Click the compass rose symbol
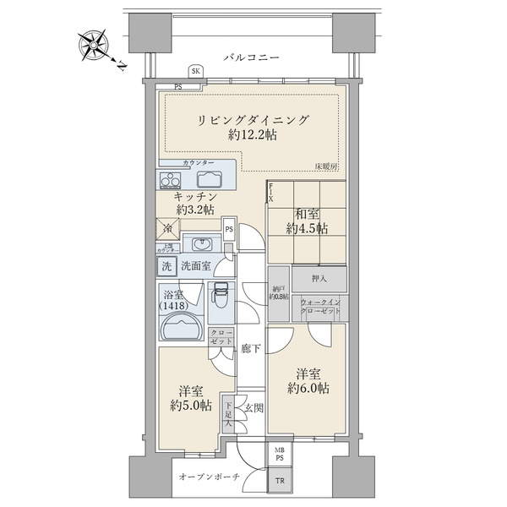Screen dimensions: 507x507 (x=93, y=44)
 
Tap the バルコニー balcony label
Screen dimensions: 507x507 (x=251, y=57)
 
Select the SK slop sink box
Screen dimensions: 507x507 (x=196, y=72)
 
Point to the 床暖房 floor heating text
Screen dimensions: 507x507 (x=326, y=166)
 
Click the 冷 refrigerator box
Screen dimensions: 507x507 (x=166, y=227)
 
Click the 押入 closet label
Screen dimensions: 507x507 (x=319, y=278)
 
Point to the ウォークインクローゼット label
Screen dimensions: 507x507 (x=320, y=306)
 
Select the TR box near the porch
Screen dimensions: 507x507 (x=280, y=482)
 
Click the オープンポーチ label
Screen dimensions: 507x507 (x=210, y=477)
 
